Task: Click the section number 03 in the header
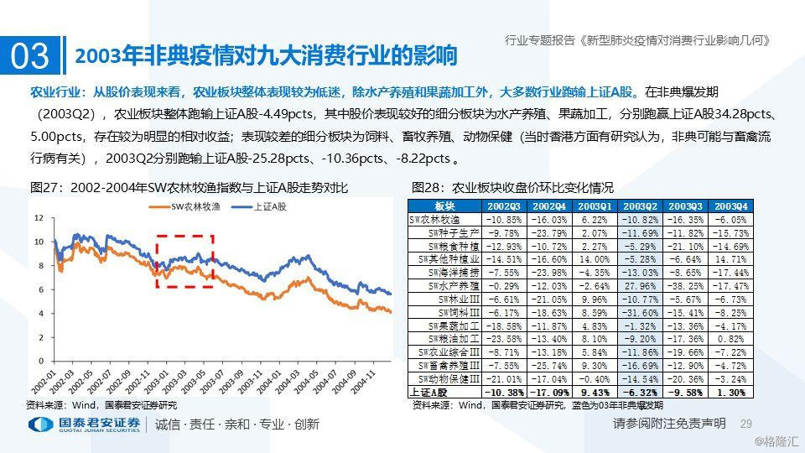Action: click(30, 56)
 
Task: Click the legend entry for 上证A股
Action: click(269, 205)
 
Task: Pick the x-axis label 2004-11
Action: click(367, 380)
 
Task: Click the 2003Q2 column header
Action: click(641, 206)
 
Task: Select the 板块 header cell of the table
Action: click(444, 206)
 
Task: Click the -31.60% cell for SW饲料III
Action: click(641, 311)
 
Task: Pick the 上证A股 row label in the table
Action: click(430, 391)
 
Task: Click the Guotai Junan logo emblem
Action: click(39, 424)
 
